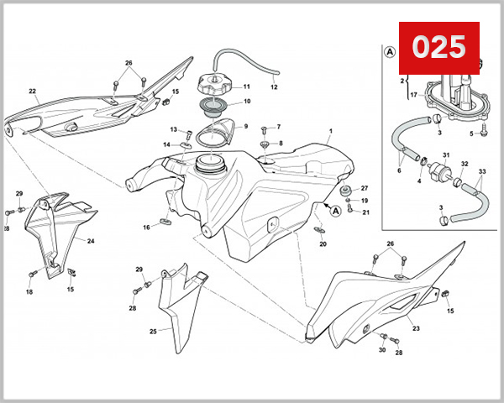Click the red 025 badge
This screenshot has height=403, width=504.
438,47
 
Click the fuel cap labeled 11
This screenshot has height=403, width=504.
213,86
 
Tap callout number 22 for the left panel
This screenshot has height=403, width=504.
32,92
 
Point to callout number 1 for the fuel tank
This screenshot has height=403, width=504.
331,131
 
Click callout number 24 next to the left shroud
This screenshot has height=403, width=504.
91,241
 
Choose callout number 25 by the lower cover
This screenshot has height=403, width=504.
153,332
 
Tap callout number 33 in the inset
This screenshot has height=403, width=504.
481,172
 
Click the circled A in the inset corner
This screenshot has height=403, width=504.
390,51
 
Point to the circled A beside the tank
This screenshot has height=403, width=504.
336,212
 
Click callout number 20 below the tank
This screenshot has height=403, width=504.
323,244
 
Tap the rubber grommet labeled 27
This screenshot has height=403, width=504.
344,191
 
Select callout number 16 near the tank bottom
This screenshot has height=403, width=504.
146,227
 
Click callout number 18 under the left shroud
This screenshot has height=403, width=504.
29,292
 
